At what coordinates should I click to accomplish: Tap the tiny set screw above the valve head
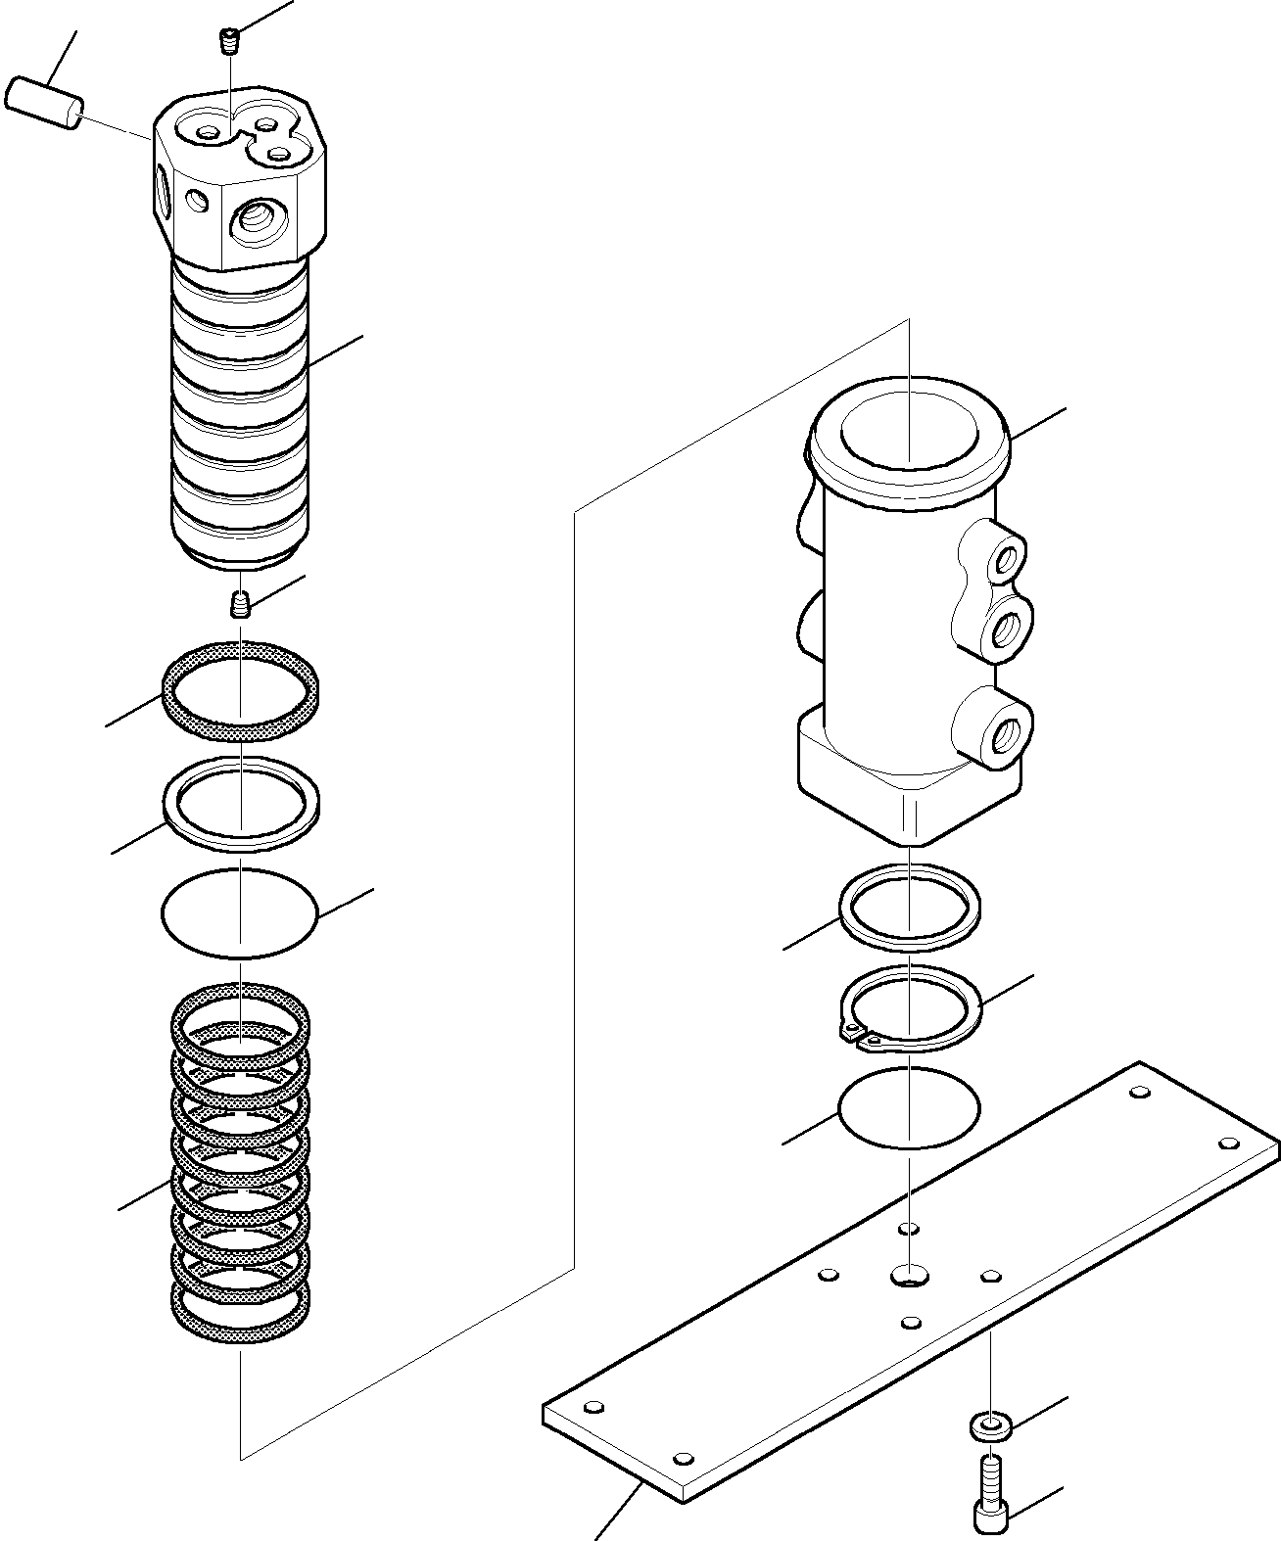tap(228, 41)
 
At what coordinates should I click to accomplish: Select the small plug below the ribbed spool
tap(240, 605)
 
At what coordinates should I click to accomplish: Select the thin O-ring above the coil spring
tap(240, 912)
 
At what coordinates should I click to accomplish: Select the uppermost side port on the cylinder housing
tap(1005, 560)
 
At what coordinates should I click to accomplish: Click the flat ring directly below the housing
tap(910, 906)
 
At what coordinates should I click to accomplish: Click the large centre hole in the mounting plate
tap(910, 1274)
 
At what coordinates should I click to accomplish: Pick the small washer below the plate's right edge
tap(991, 1426)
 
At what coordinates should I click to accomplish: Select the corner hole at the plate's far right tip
tap(1226, 1144)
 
